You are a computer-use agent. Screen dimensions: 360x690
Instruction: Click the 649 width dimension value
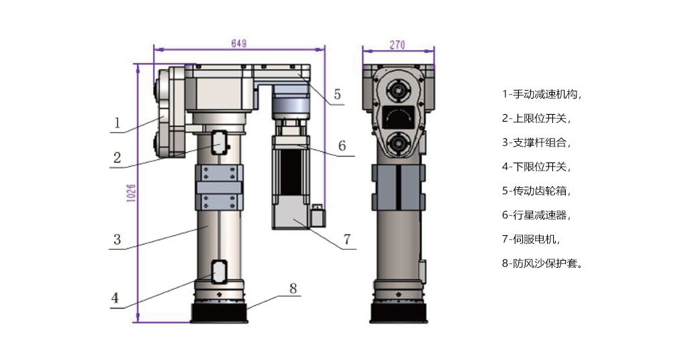point(238,44)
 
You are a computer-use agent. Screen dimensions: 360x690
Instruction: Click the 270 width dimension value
point(397,46)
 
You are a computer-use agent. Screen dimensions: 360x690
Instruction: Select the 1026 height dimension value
point(132,193)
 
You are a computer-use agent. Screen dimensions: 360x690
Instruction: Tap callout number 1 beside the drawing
point(117,123)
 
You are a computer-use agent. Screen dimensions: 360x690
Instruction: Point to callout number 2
point(117,158)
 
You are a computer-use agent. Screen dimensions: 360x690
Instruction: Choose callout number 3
point(117,238)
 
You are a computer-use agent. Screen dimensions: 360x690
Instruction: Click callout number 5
point(337,94)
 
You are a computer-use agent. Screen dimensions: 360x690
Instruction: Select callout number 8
point(293,287)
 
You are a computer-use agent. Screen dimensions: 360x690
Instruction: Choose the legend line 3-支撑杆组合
point(537,142)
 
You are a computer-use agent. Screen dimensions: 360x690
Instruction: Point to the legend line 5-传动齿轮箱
point(537,191)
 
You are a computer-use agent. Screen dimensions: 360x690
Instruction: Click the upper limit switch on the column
point(219,142)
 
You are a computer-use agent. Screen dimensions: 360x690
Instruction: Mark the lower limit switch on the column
point(219,271)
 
